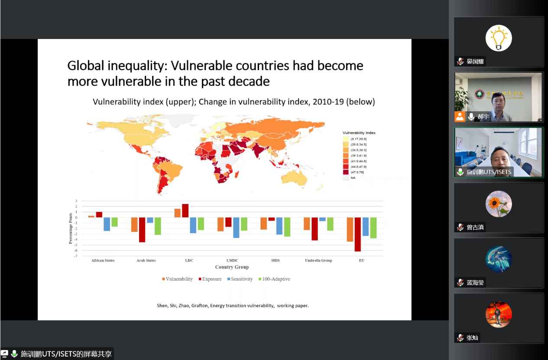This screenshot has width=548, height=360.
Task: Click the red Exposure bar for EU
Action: pyautogui.click(x=358, y=234)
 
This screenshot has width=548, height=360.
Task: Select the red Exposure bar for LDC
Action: pyautogui.click(x=185, y=211)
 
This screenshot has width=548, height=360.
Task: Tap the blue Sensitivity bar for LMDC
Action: pyautogui.click(x=236, y=227)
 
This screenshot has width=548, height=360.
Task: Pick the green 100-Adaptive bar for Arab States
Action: pyautogui.click(x=158, y=226)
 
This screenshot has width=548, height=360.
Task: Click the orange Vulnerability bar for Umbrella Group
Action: pyautogui.click(x=307, y=224)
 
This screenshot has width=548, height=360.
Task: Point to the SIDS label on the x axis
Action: pyautogui.click(x=275, y=260)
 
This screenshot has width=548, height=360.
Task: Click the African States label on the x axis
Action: pyautogui.click(x=103, y=260)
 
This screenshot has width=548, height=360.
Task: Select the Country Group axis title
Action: pyautogui.click(x=232, y=267)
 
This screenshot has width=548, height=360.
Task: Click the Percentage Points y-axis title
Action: pyautogui.click(x=71, y=228)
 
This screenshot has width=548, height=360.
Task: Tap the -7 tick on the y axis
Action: pyautogui.click(x=76, y=256)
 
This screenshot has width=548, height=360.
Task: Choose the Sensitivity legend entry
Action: pyautogui.click(x=241, y=279)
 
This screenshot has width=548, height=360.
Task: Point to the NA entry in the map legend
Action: pyautogui.click(x=353, y=178)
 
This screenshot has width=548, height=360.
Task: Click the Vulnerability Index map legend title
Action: pyautogui.click(x=359, y=133)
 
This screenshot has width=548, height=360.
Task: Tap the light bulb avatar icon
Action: pyautogui.click(x=499, y=38)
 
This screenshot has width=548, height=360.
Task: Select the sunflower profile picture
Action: pyautogui.click(x=499, y=204)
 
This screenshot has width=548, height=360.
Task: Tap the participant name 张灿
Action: pyautogui.click(x=473, y=338)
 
